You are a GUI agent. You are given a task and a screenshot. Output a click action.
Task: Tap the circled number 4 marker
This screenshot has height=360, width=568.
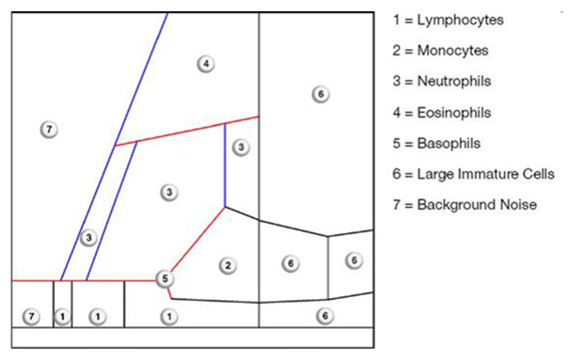pos(206,64)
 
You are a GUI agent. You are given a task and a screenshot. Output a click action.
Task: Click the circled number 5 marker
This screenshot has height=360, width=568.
pos(165,278)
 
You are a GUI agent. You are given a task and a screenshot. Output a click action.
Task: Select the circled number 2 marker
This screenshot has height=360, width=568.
pos(227,266)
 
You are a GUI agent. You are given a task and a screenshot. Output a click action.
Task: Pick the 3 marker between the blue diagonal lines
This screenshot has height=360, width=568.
pos(88,238)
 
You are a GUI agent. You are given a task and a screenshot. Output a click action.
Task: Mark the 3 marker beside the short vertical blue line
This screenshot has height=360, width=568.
pos(241,148)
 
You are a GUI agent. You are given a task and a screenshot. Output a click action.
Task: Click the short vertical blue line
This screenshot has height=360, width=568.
pos(225,164)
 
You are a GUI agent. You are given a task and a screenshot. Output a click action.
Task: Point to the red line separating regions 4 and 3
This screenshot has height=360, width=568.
pos(188,131)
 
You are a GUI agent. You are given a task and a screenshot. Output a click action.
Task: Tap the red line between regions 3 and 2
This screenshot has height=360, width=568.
pos(197,240)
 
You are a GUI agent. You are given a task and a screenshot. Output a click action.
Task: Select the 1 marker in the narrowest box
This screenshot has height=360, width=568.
pos(61,317)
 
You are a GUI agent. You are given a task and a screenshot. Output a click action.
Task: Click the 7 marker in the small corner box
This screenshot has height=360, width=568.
pos(32,317)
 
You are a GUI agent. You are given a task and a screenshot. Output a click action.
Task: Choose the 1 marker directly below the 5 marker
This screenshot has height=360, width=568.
pos(167,315)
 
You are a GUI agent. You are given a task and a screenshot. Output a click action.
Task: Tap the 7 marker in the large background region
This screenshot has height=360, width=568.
pos(50,129)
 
